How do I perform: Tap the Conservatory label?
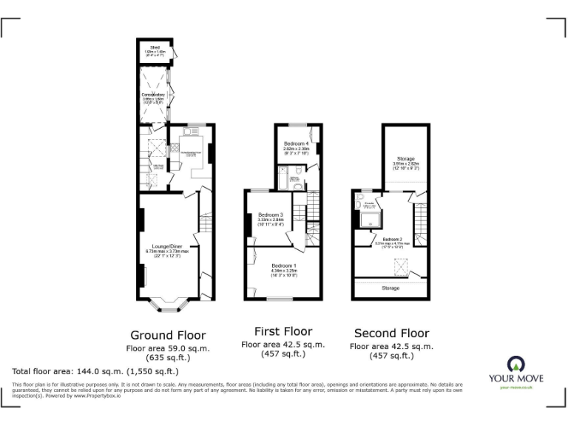pos(153,95)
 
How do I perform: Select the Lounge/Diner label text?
pos(167,246)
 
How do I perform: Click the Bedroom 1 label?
pos(283,265)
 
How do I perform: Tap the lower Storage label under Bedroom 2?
pos(391,288)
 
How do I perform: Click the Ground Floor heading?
pos(168,335)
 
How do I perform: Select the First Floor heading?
pos(283,331)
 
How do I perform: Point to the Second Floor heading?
pos(391,333)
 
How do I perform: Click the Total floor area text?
pos(95,371)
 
